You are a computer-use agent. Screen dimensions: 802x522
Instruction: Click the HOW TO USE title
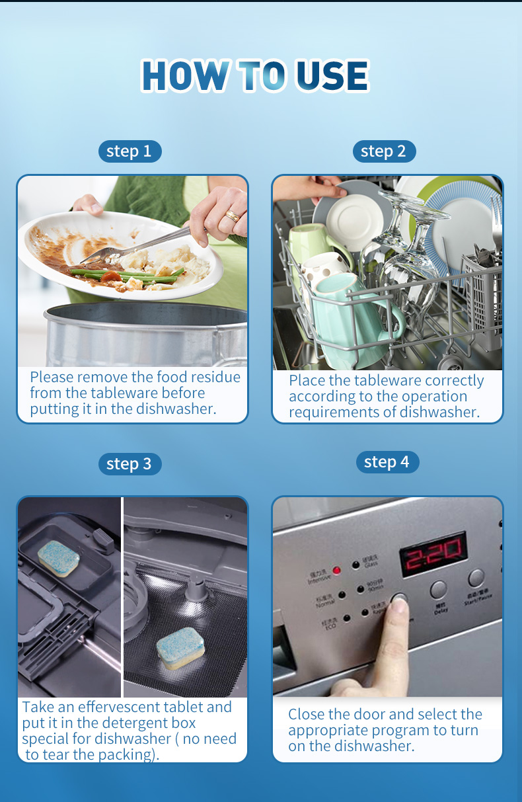(255, 75)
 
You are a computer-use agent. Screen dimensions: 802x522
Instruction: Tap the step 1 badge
(130, 151)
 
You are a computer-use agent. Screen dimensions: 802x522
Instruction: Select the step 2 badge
(384, 151)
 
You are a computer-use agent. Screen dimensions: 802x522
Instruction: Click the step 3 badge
(130, 463)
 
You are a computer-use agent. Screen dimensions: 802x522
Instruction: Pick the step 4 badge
(387, 461)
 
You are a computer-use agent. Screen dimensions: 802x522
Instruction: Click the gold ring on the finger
(233, 216)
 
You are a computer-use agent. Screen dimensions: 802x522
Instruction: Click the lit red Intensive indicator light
(336, 569)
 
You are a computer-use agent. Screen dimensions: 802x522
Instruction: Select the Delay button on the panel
(439, 589)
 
